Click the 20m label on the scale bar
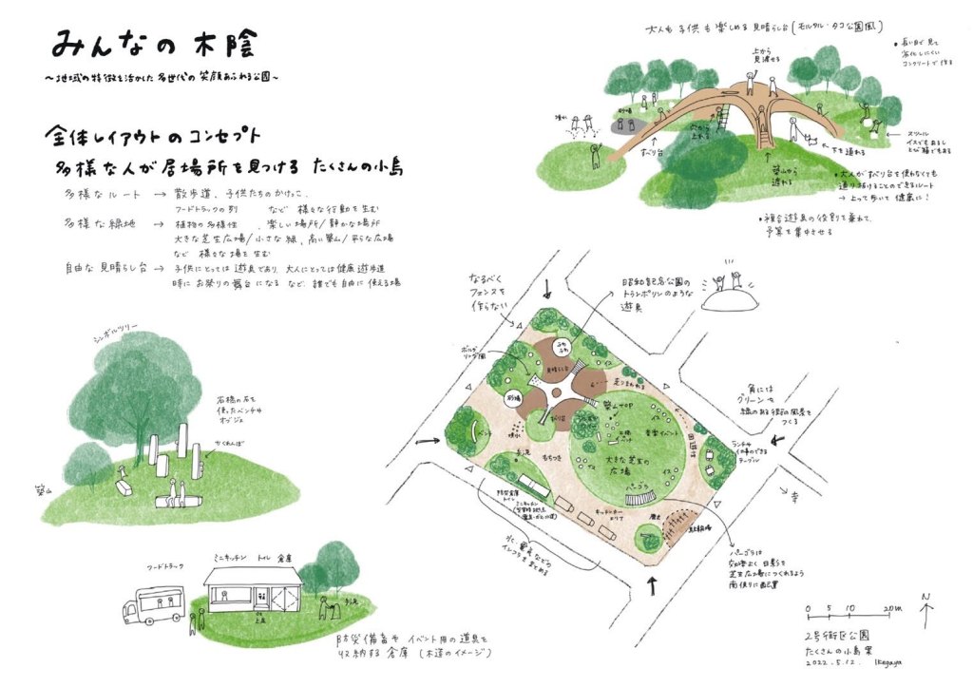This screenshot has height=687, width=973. (891, 606)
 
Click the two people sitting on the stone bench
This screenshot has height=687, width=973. (175, 491)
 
